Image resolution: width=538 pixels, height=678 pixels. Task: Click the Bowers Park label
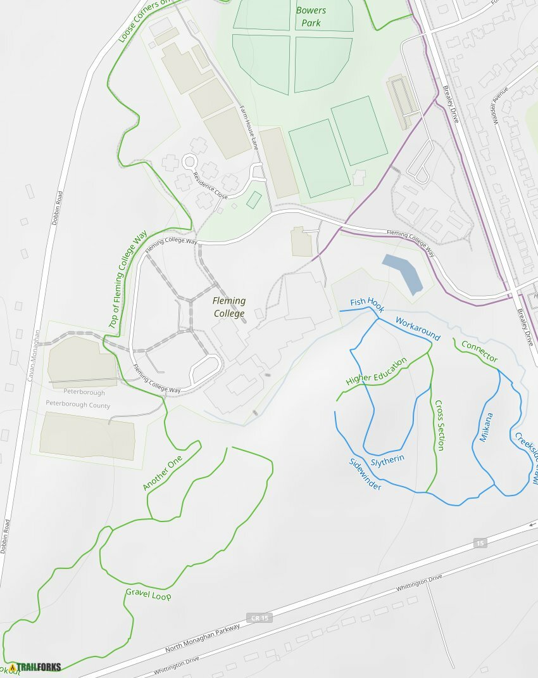coord(311,16)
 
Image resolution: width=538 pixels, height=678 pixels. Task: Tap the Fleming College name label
coord(229,307)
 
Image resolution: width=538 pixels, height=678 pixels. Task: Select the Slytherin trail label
coord(387,459)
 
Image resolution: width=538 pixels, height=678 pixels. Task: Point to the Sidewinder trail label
coord(365,474)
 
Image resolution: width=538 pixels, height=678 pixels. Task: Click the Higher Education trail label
coord(376,373)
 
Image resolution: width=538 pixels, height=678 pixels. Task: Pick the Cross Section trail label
coord(439,425)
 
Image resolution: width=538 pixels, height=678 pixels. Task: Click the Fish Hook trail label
coord(367,302)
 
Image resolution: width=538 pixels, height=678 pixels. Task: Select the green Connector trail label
coord(479,351)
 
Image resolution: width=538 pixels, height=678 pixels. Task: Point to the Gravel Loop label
coord(148,594)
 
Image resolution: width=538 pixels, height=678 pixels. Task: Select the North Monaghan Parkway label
coord(203,637)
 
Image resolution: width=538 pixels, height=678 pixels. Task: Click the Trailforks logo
coord(34,667)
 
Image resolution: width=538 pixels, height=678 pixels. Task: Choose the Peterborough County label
coord(78,406)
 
